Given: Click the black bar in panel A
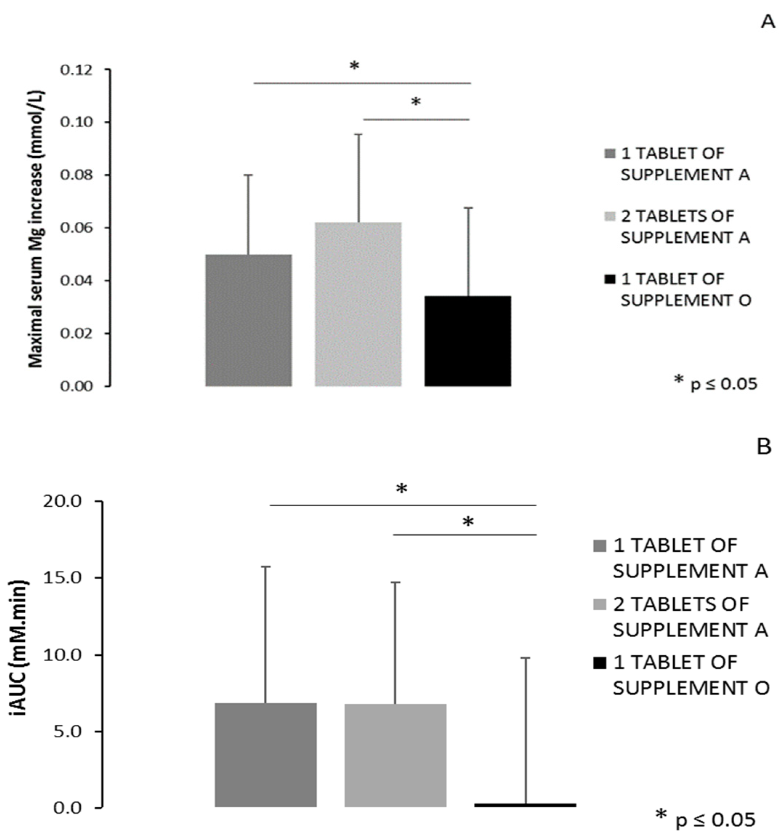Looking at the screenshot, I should [468, 341].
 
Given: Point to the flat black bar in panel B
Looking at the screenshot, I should [525, 805].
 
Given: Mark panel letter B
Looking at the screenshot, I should [763, 447].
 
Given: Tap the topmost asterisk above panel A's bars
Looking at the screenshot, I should [354, 66].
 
